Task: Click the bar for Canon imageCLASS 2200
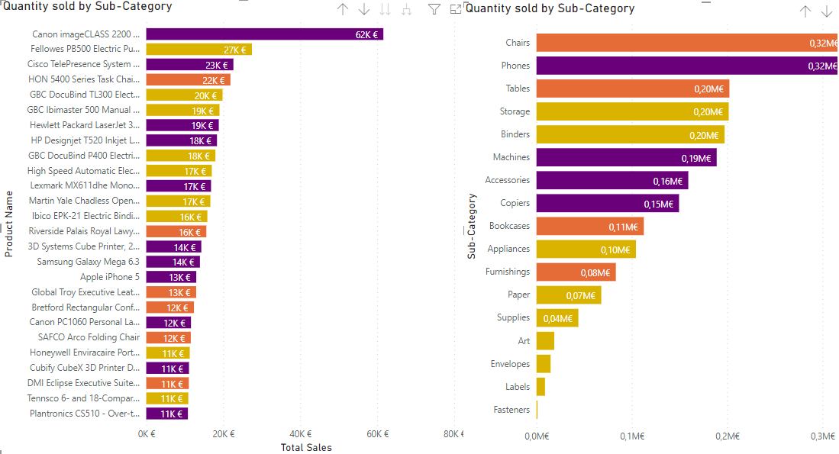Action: click(264, 34)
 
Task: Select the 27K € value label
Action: click(234, 50)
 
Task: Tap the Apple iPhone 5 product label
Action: click(110, 277)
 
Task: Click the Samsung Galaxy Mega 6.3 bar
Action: click(173, 262)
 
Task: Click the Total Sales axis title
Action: click(306, 448)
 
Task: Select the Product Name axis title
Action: click(9, 224)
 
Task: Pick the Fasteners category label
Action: click(511, 410)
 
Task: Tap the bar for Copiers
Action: click(607, 204)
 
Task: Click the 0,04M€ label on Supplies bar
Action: click(558, 318)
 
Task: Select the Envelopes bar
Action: click(544, 364)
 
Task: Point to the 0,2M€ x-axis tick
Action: click(727, 436)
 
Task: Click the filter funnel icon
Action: click(434, 9)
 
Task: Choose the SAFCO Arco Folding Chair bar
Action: click(168, 337)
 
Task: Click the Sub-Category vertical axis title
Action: click(473, 226)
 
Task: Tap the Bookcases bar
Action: click(589, 227)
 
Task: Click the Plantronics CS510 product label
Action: click(86, 414)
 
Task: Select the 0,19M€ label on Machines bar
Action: click(696, 158)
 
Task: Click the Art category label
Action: click(524, 341)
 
